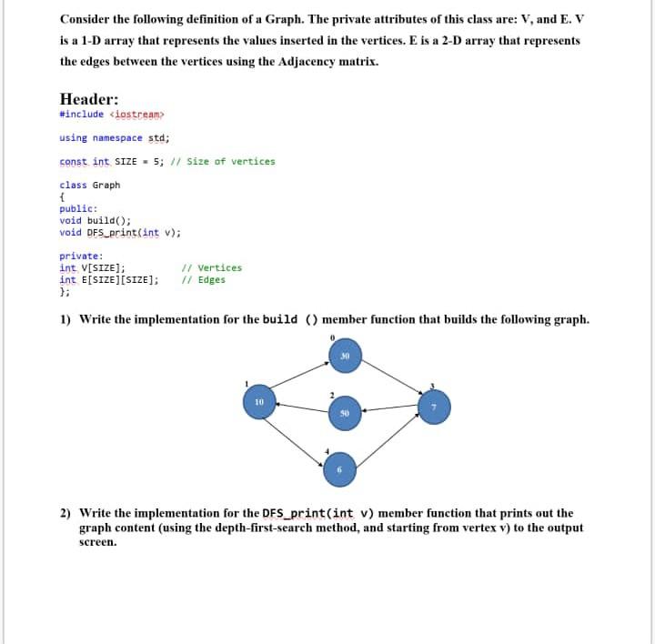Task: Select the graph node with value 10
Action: point(259,401)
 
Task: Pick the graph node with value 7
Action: point(434,406)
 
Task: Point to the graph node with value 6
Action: point(340,468)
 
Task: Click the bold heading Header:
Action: point(88,99)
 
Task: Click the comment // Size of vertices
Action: point(231,162)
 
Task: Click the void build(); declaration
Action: point(95,220)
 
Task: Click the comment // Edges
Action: point(204,280)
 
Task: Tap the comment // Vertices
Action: point(212,268)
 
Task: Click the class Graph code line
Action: point(89,186)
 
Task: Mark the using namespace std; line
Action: point(114,138)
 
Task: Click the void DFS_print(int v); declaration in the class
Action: point(119,232)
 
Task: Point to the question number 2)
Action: point(65,513)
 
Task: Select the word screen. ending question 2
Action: point(98,542)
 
